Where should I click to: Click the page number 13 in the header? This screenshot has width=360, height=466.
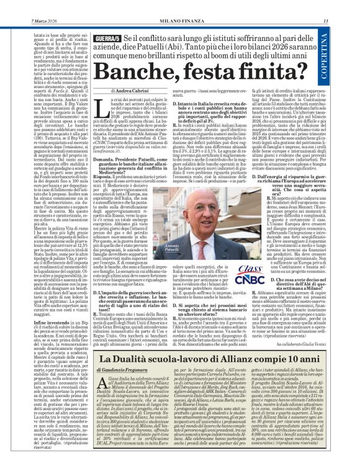(x=353, y=6)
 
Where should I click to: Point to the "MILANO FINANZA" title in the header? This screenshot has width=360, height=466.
(x=179, y=6)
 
